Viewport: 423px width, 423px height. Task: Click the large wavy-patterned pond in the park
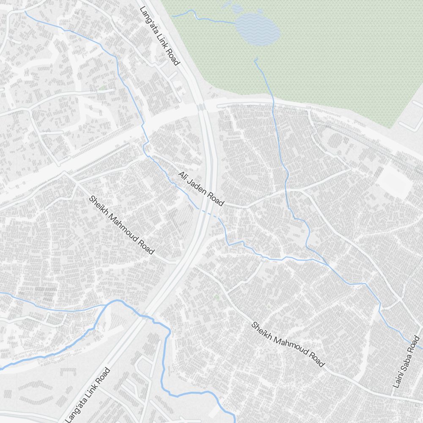[x=257, y=29]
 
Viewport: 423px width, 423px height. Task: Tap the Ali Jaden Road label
[x=201, y=189]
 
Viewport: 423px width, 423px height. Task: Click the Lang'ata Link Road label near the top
[x=159, y=36]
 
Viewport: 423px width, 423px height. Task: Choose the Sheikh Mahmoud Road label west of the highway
[x=121, y=225]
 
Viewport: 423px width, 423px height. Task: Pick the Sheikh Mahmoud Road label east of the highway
[x=288, y=344]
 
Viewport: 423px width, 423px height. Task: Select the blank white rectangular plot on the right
[x=393, y=181]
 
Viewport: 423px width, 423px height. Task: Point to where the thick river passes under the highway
[x=142, y=313]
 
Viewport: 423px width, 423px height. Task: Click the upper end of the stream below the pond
[x=255, y=59]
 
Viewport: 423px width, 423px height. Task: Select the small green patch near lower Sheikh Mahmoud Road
[x=217, y=297]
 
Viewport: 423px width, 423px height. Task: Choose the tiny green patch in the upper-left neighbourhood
[x=102, y=88]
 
